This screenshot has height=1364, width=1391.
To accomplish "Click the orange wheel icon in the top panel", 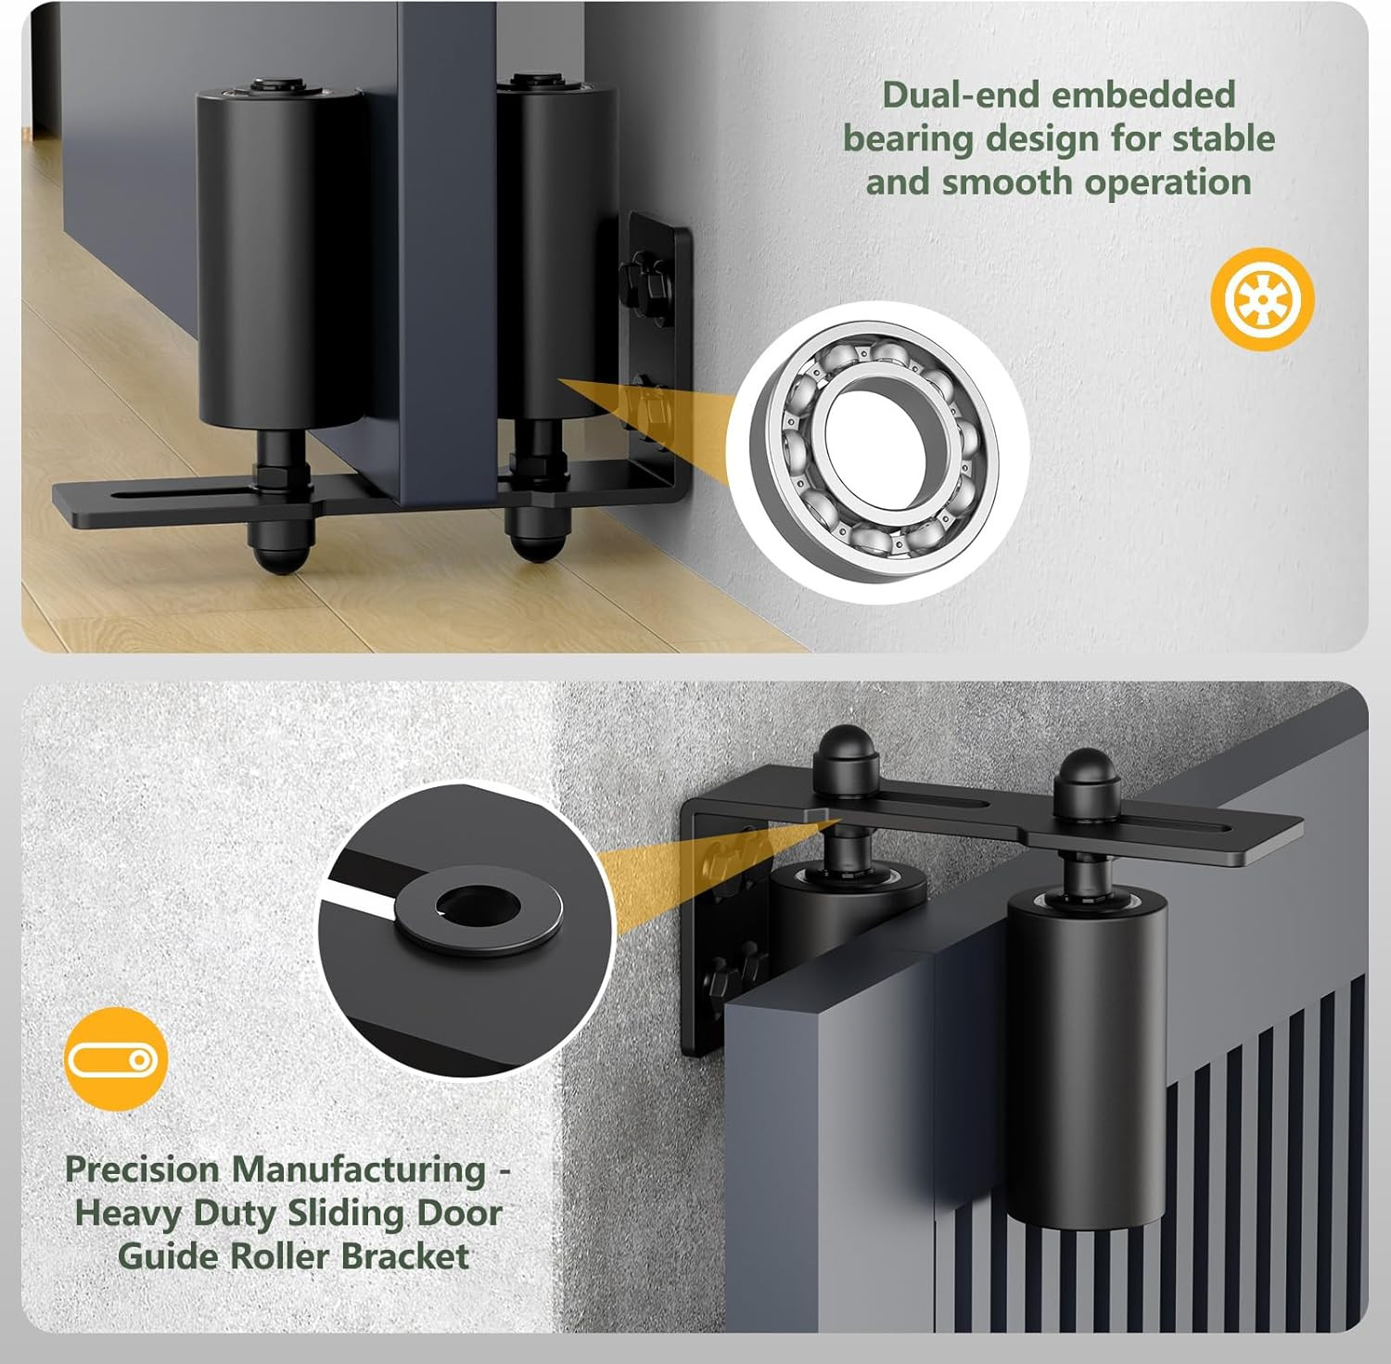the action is click(x=1262, y=299).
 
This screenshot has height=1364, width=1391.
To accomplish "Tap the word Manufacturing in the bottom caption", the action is click(x=358, y=1170).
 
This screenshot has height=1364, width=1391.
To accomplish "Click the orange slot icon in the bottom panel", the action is click(x=117, y=1058).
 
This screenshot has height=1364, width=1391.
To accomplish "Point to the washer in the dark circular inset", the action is click(x=479, y=911).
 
